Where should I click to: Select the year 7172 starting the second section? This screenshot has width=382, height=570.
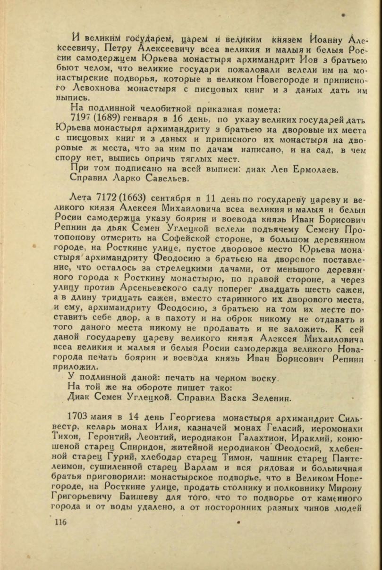97,197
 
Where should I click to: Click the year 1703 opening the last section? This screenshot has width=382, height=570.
78,418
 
